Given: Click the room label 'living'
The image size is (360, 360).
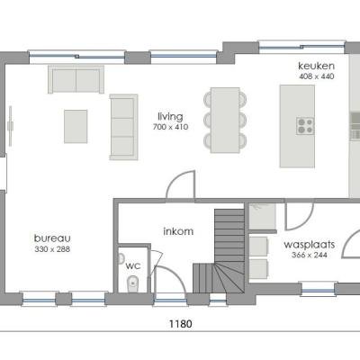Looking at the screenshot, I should point(170,115).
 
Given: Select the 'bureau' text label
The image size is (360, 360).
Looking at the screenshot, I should point(51,238).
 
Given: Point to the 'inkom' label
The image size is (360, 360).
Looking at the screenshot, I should point(177,231).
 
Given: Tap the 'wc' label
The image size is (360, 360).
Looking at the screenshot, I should point(132,265).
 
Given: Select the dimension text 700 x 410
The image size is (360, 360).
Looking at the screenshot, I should point(170,126).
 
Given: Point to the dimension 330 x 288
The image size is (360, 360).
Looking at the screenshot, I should point(51,249).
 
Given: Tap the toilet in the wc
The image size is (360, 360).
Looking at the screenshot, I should point(133,285).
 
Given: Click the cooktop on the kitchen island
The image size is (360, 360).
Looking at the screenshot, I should point(305,125).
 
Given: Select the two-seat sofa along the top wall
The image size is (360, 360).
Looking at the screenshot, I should point(76,80).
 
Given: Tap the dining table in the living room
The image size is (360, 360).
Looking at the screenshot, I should point(225,118).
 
